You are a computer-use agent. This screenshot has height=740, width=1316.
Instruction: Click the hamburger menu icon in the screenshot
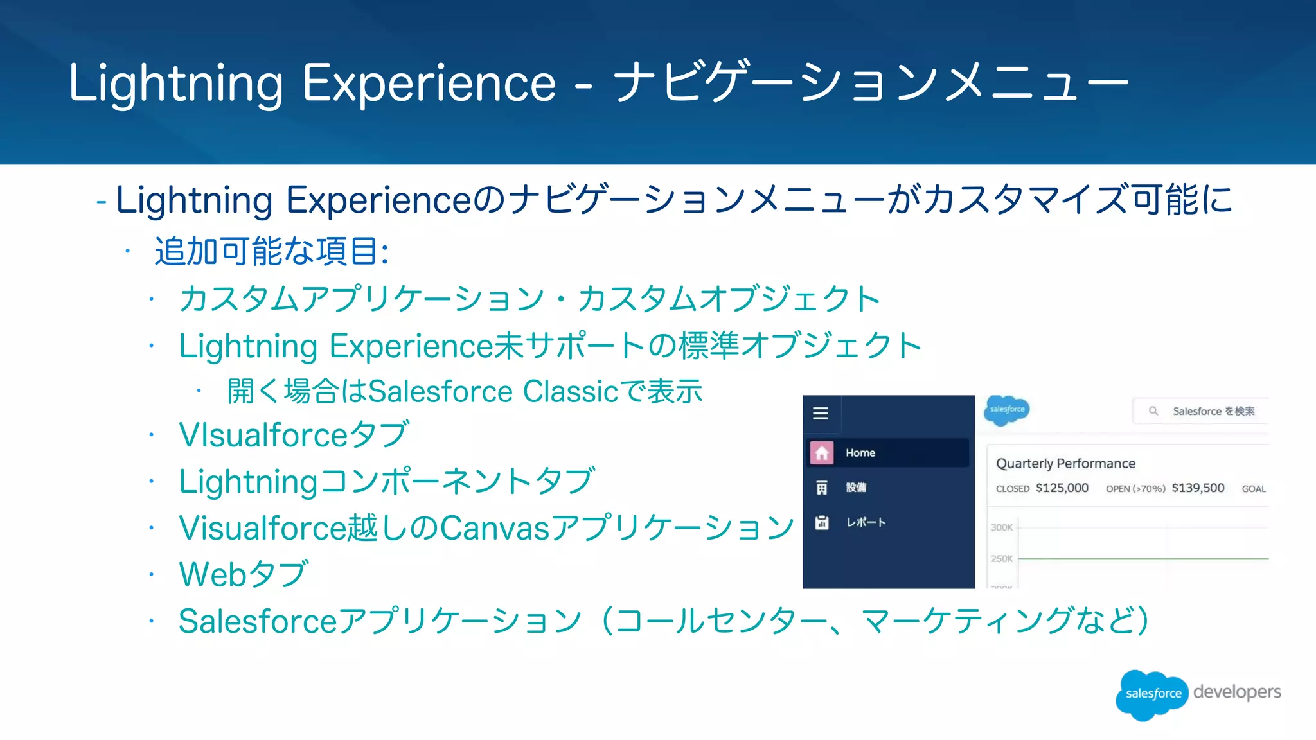pos(821,413)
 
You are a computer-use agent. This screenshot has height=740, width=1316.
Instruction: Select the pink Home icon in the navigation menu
pos(822,453)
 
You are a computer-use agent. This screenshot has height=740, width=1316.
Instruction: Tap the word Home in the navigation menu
pos(860,453)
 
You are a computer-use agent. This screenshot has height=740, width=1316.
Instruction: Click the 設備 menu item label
pos(856,488)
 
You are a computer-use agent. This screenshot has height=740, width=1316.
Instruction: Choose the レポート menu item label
pos(866,522)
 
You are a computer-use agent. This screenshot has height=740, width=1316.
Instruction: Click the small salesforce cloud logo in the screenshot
pos(1007,410)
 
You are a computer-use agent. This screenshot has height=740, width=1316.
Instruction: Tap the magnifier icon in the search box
pos(1153,410)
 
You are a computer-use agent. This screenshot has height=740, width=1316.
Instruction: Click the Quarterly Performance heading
pos(1065,464)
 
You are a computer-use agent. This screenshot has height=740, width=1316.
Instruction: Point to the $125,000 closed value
pos(1062,488)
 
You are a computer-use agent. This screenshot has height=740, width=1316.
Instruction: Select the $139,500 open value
pos(1198,488)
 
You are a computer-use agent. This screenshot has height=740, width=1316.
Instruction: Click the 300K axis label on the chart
pos(1001,527)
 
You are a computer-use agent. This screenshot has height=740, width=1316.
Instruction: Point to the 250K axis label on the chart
pos(1001,559)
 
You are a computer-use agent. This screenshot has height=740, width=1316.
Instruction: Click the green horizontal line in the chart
pos(1144,559)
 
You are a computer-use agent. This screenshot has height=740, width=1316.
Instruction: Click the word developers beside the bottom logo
pos(1237,692)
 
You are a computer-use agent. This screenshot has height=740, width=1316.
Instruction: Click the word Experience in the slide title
pos(429,84)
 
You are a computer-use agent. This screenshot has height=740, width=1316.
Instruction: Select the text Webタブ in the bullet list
pos(244,574)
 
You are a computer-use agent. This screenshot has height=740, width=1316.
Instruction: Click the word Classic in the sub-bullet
pos(571,391)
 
